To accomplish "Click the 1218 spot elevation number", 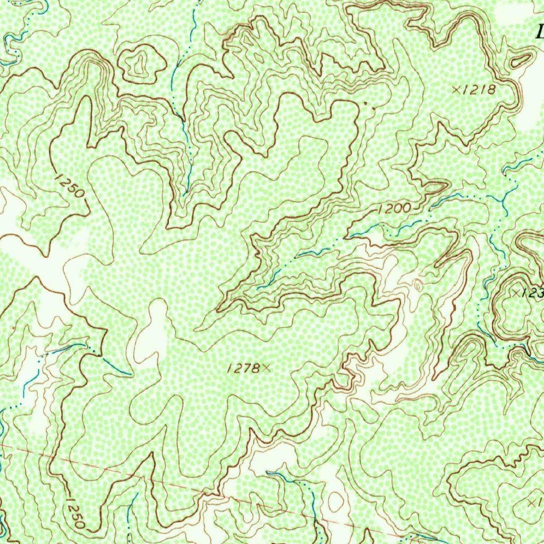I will (479, 90).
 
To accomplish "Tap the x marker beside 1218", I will (456, 90).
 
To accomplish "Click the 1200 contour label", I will (394, 209).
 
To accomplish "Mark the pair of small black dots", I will (369, 105).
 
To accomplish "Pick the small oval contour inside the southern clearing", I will (336, 500).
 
